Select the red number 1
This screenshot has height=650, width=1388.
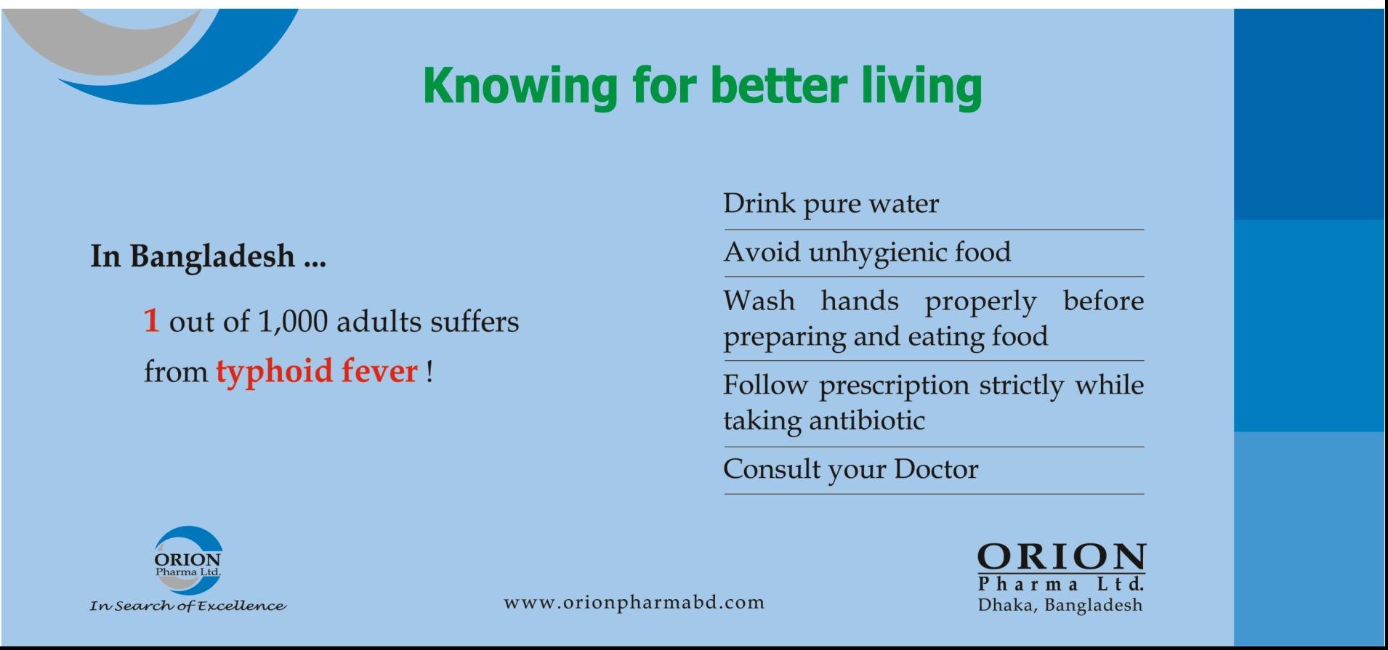click(x=151, y=320)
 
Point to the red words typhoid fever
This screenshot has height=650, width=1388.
click(x=317, y=372)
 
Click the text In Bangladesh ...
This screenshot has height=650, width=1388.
click(x=193, y=256)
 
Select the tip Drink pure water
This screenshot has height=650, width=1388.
click(x=831, y=204)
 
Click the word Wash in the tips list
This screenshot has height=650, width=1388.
click(x=759, y=300)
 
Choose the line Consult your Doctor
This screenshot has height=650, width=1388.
click(x=850, y=470)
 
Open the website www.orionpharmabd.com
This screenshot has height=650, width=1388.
click(x=634, y=603)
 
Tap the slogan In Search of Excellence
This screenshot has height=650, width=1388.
click(x=187, y=606)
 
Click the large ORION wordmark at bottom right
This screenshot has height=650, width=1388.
click(x=1061, y=558)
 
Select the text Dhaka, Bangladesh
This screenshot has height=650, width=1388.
click(x=1060, y=605)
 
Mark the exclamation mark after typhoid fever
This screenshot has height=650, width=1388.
click(x=429, y=371)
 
